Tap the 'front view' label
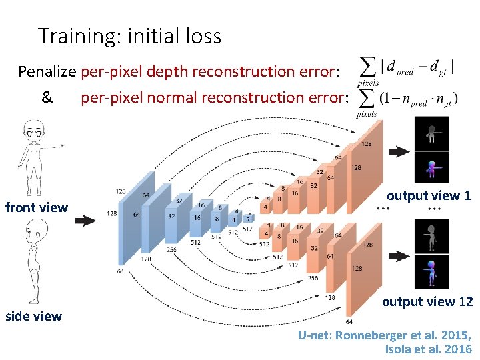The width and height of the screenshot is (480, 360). click(x=37, y=207)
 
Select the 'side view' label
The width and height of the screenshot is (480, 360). click(x=33, y=316)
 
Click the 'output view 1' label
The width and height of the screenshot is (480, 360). click(x=429, y=195)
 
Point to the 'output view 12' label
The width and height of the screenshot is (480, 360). click(x=427, y=301)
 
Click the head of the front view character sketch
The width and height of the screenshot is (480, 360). click(x=32, y=129)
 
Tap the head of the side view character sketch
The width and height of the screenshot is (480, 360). click(x=33, y=235)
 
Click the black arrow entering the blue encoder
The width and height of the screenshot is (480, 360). click(x=85, y=220)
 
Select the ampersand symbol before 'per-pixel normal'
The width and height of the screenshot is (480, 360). click(x=47, y=98)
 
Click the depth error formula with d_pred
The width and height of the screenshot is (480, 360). click(x=407, y=69)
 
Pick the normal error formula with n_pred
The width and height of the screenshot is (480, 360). click(x=407, y=99)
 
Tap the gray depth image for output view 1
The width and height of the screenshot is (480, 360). click(x=432, y=133)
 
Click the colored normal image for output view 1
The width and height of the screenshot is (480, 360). click(x=432, y=167)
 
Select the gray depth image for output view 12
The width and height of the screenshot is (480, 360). click(x=432, y=237)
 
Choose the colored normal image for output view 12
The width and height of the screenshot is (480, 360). click(x=432, y=272)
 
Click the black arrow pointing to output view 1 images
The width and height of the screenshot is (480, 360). click(x=399, y=151)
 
